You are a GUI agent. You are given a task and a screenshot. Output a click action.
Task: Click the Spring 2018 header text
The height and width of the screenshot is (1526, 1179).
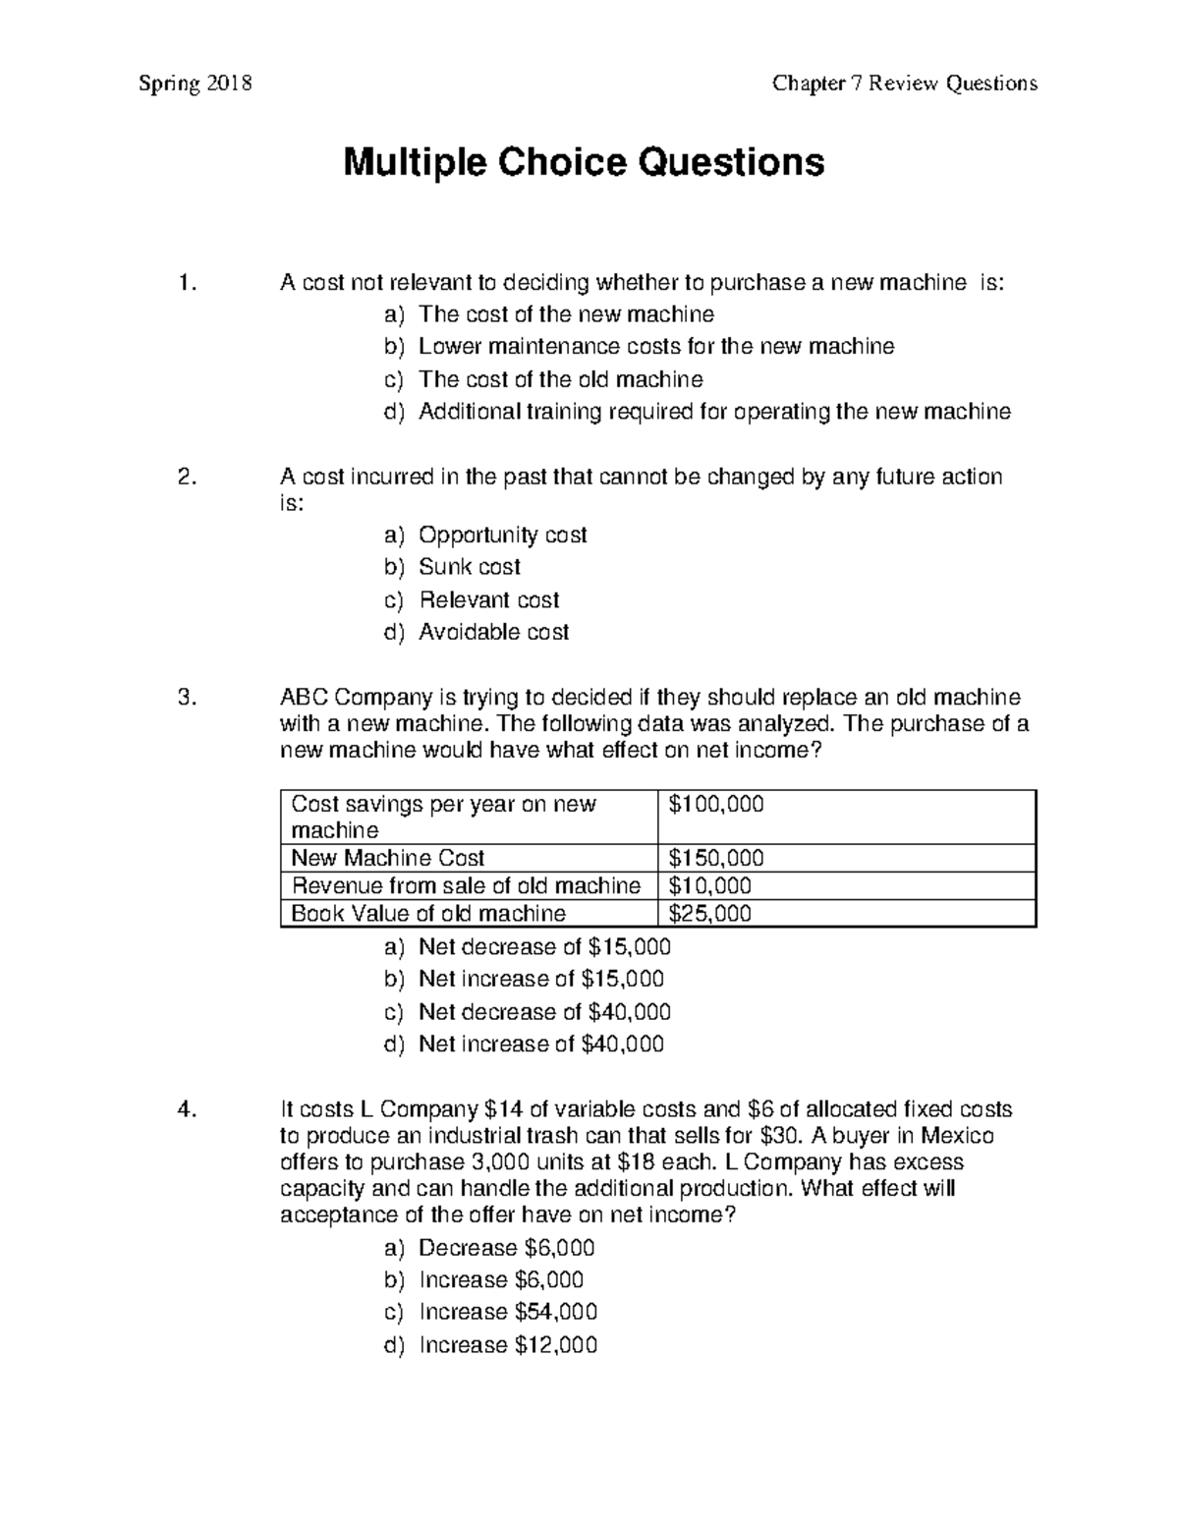195,84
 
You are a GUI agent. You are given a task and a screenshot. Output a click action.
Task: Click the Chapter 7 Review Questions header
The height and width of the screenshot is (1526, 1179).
904,84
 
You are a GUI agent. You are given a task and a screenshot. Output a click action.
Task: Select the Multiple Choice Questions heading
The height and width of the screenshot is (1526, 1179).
584,162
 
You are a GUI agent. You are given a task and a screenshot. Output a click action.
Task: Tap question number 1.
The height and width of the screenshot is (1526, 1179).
187,284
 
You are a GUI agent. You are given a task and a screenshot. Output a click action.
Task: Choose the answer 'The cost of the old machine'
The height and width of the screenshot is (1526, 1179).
560,379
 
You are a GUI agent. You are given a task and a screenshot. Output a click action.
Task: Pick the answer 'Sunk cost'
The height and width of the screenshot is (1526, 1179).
469,567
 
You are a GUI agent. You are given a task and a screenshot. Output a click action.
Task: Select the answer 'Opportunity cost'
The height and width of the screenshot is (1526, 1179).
502,535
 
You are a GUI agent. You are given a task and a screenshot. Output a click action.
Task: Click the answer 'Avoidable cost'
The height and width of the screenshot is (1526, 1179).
493,632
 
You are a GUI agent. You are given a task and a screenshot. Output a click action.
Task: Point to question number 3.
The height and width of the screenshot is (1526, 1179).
187,698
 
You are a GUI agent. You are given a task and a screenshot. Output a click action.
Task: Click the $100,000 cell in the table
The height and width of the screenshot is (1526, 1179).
715,805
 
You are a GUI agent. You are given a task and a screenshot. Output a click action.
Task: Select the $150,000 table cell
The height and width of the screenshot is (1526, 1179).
715,858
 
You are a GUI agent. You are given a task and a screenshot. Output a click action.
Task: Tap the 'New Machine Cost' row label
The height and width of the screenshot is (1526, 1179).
388,858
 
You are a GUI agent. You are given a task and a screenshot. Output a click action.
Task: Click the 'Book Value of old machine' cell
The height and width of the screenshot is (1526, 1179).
428,914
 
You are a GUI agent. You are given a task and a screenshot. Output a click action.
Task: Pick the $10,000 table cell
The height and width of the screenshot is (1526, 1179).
709,885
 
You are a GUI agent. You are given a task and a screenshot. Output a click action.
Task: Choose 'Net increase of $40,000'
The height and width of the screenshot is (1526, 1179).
540,1044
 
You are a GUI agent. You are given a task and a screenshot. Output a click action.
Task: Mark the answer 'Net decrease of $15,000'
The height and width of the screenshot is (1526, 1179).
544,947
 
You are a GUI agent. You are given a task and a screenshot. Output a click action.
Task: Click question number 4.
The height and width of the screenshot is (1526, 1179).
187,1110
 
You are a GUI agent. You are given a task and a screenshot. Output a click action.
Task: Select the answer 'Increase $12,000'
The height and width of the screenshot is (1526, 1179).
507,1345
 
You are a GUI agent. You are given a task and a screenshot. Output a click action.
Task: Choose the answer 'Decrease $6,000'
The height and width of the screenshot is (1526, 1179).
506,1248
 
